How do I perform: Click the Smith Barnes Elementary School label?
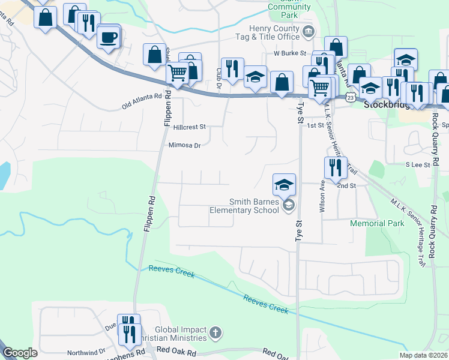(x=244, y=206)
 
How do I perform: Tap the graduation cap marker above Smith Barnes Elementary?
(x=284, y=185)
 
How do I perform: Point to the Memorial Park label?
(x=378, y=223)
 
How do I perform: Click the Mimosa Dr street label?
(x=185, y=145)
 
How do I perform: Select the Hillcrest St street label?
(x=189, y=127)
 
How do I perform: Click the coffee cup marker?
(x=108, y=37)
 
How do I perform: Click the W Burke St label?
(x=290, y=53)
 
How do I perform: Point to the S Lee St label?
(x=418, y=164)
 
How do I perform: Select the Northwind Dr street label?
(x=86, y=352)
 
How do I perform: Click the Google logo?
(x=20, y=353)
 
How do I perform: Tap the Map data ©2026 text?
(x=423, y=355)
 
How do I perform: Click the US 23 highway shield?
(x=351, y=97)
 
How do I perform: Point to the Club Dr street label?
(x=219, y=77)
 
